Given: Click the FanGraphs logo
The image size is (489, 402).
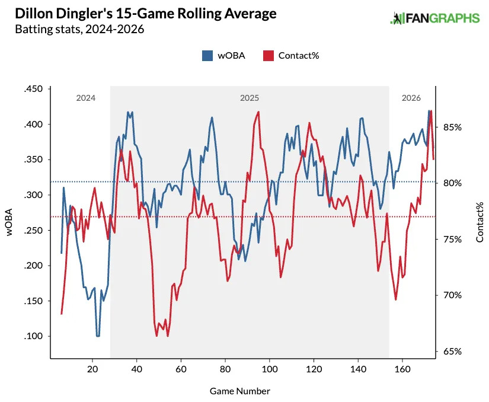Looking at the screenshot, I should point(434,18).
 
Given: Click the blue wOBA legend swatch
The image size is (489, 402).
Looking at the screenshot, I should point(207,55).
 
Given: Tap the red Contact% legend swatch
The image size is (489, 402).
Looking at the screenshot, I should point(268,55).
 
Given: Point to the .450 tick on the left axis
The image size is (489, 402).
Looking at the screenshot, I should point(34,89).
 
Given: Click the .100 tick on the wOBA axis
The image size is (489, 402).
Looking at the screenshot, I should point(34,336).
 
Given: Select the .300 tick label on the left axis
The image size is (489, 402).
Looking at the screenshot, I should point(34,195).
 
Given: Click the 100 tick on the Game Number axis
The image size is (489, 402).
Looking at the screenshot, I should point(270,368).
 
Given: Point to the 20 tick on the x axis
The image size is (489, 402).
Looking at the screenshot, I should point(92,368).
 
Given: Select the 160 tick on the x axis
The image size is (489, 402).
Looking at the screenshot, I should point(402,368).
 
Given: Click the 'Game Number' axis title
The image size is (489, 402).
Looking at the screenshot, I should point(240,391).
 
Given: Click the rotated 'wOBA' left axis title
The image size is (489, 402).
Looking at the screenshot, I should point(10,222).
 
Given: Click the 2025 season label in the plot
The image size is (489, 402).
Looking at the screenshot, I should point(249,98).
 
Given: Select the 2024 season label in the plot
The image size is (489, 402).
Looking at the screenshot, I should point(85,98).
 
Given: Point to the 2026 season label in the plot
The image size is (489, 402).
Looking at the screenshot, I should point(411,98).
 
